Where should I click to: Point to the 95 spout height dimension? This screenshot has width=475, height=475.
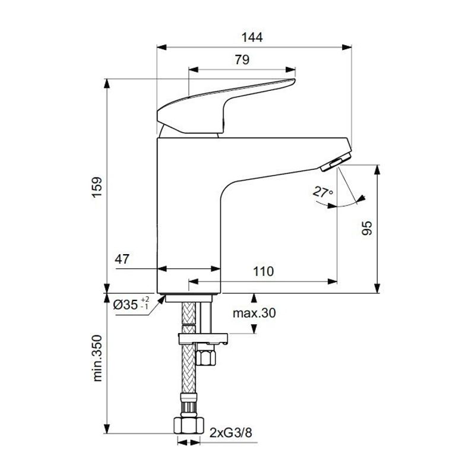(x=367, y=229)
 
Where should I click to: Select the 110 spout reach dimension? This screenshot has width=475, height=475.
(x=263, y=272)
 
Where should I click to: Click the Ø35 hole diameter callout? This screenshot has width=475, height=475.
(x=126, y=305)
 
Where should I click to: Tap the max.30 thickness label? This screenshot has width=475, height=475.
(x=255, y=313)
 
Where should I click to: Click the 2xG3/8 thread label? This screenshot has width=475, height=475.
(x=230, y=432)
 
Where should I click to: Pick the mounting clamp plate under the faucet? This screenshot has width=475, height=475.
(x=202, y=339)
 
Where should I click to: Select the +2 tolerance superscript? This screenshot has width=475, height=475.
(x=145, y=300)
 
